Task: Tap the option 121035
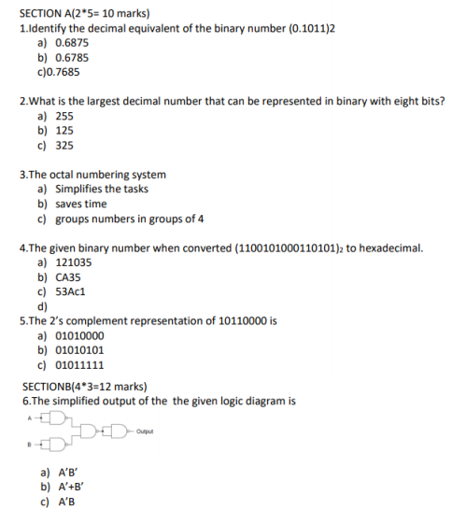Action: (x=74, y=262)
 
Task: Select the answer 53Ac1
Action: (x=71, y=291)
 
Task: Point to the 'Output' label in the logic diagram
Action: (x=144, y=432)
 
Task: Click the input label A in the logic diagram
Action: (x=31, y=418)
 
